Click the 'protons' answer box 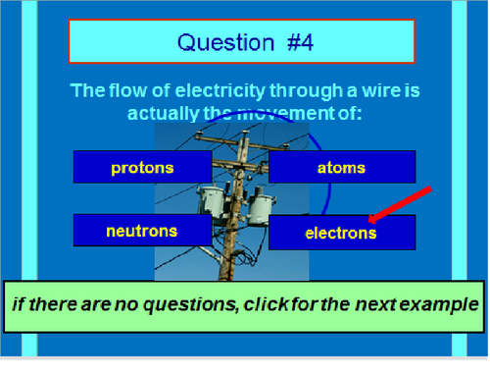[142, 167]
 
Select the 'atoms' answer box [342, 167]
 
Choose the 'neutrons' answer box [142, 231]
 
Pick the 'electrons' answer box [342, 233]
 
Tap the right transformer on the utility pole [260, 206]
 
